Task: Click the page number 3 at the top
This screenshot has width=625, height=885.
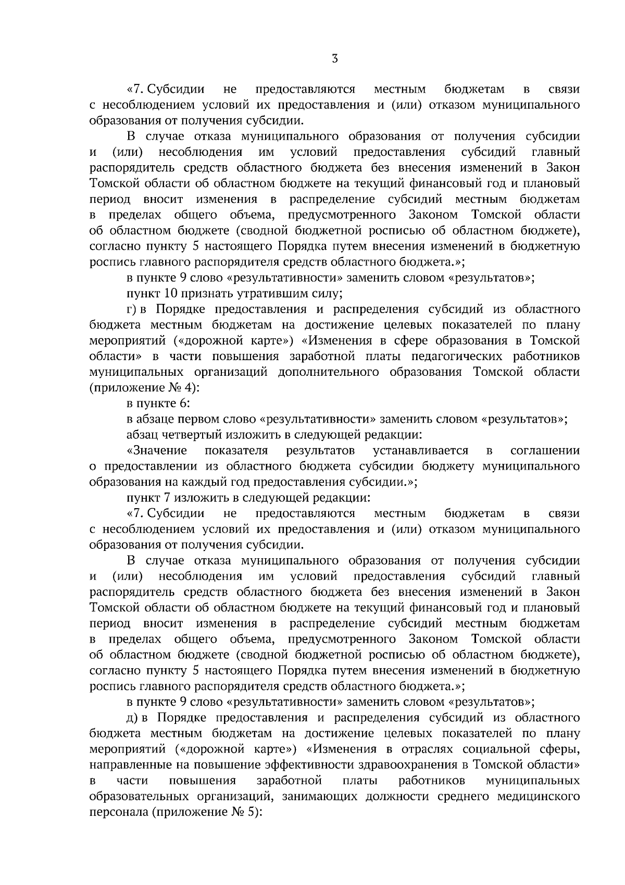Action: [335, 59]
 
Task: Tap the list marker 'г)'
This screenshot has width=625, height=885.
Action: [132, 309]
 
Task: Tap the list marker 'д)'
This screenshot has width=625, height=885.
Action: [132, 718]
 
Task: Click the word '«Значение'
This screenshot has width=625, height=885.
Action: [157, 450]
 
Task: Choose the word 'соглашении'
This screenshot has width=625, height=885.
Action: [545, 450]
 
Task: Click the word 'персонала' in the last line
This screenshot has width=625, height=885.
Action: [118, 812]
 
